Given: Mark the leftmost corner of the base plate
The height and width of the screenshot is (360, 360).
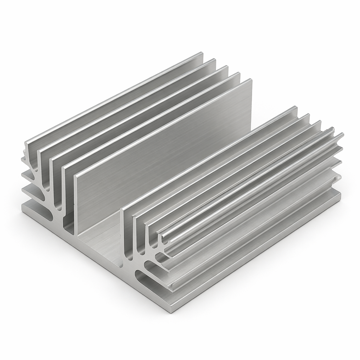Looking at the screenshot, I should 22,207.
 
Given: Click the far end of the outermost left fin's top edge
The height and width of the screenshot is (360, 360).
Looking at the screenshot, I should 202,53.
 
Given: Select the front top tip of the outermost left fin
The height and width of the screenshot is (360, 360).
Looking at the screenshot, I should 26,143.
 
